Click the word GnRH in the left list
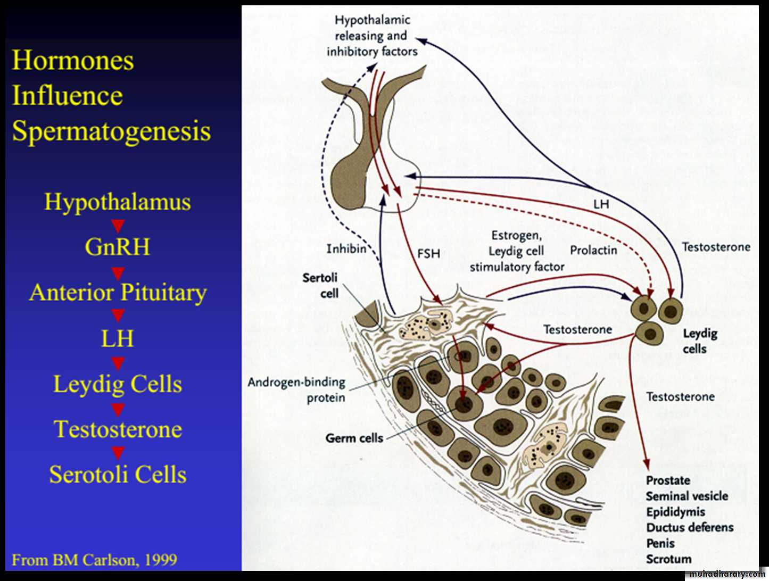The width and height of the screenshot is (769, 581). (117, 247)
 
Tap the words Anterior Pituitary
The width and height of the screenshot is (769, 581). (118, 292)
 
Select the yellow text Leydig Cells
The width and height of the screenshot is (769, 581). (118, 384)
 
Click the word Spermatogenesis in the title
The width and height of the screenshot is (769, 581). (111, 131)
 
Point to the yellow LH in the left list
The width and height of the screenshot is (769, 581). (117, 339)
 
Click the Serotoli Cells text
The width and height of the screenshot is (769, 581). (118, 475)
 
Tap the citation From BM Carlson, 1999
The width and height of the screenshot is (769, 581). (94, 560)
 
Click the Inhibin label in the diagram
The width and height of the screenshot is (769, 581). (346, 248)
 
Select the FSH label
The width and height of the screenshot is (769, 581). (428, 254)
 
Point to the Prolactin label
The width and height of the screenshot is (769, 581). (593, 250)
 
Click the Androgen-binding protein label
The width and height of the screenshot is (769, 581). (296, 389)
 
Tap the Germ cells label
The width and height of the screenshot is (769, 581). (354, 438)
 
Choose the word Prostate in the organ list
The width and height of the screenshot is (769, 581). (668, 480)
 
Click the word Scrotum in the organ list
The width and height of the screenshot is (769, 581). (669, 559)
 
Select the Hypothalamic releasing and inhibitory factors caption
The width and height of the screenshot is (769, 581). (372, 36)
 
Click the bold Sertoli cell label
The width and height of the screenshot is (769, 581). (320, 285)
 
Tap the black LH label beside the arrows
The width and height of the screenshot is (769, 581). (601, 204)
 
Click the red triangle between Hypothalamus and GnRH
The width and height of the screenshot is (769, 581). (118, 226)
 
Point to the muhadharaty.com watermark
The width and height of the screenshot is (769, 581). (727, 574)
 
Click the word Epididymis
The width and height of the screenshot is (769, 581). (675, 512)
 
